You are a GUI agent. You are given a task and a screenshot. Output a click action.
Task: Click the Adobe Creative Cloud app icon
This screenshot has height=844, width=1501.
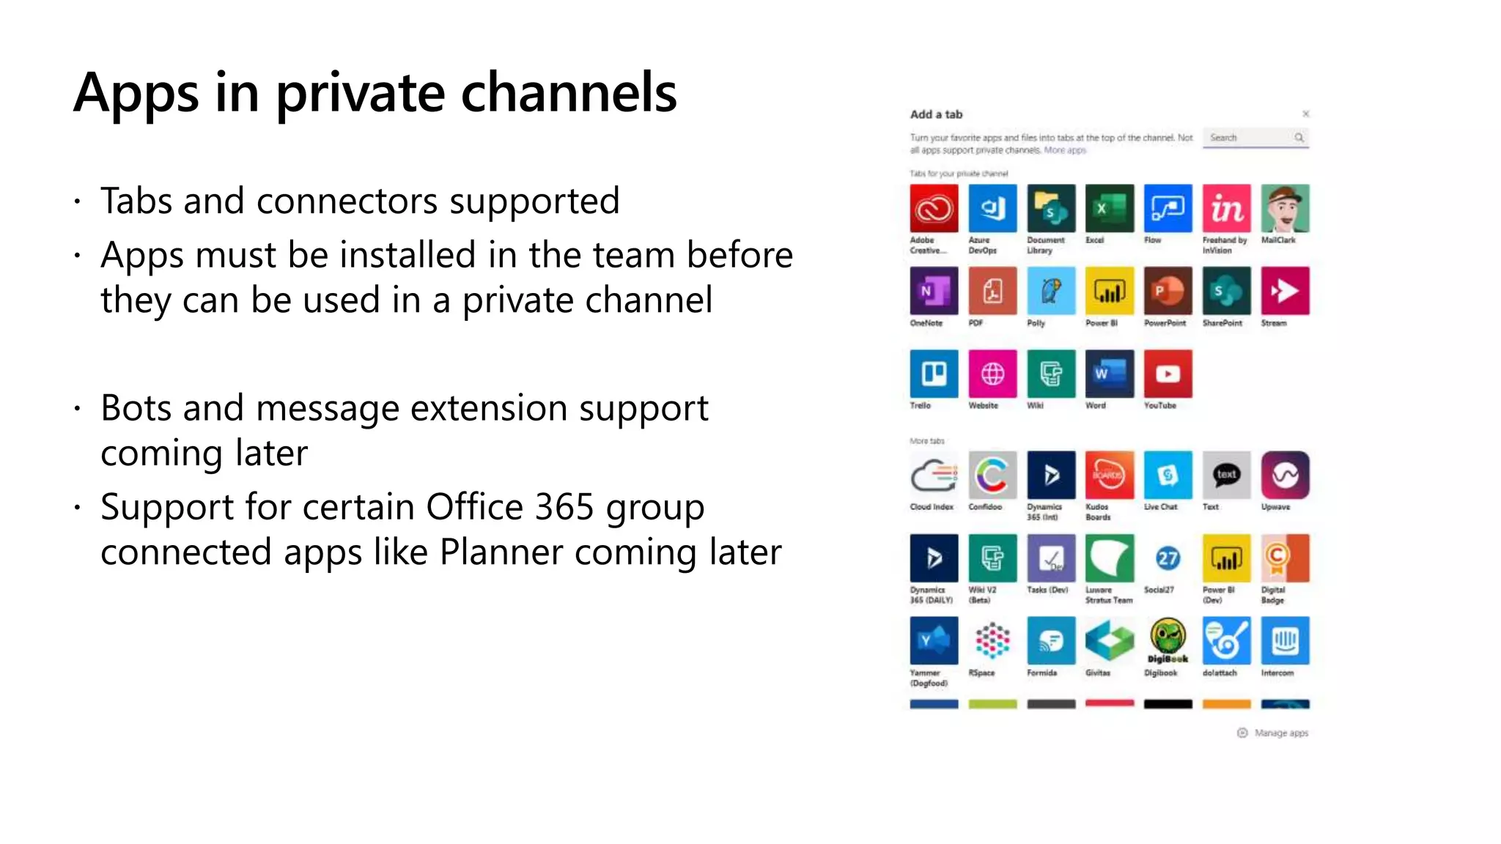[x=934, y=209]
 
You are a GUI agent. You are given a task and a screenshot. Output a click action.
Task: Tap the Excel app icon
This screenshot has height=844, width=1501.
[x=1110, y=209]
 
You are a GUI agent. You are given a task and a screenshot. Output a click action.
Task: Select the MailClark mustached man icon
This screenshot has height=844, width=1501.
[x=1285, y=209]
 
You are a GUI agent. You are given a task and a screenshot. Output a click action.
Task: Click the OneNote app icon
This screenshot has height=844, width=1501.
[x=934, y=292]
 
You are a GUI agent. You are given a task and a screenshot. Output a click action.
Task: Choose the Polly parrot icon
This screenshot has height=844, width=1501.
[x=1051, y=292]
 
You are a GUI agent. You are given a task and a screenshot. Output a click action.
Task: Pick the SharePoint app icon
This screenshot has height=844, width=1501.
[x=1226, y=292]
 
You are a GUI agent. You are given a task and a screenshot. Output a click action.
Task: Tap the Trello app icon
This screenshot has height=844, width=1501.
[x=934, y=374]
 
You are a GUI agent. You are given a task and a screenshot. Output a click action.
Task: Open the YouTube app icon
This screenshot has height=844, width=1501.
[x=1168, y=374]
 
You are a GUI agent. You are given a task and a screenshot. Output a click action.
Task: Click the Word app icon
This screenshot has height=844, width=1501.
[x=1110, y=374]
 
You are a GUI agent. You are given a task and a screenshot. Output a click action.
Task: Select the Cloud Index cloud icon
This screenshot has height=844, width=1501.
[x=934, y=475]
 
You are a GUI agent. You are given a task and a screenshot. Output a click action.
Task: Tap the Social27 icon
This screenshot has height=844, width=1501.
[x=1168, y=558]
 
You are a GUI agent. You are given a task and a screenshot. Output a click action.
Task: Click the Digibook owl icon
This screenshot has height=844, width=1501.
[x=1168, y=640]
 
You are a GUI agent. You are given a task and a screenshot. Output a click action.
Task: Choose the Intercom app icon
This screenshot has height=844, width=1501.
[x=1285, y=640]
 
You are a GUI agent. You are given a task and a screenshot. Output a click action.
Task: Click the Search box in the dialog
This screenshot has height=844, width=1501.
[x=1250, y=138]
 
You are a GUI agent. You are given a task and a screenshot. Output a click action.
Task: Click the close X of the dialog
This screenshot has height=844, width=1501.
[x=1305, y=114]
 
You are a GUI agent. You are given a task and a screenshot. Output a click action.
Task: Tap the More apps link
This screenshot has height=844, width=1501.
[x=1065, y=150]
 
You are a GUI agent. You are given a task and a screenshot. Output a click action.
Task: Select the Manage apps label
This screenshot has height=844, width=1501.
[x=1280, y=733]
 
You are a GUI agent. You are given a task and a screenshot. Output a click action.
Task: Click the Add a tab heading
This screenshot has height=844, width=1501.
[x=936, y=114]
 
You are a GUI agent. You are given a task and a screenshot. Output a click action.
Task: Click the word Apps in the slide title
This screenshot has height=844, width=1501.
[x=136, y=94]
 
